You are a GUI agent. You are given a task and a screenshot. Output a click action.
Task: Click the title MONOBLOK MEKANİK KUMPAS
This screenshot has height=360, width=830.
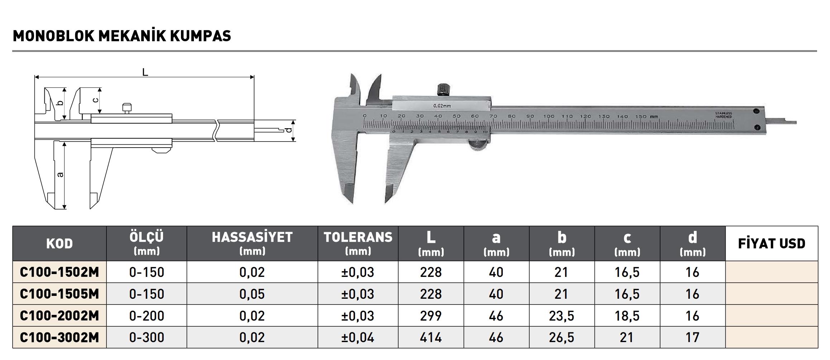tap(122, 36)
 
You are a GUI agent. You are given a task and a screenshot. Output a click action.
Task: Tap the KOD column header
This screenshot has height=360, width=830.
tap(59, 244)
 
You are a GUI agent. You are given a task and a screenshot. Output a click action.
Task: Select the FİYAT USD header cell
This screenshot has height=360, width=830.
tap(772, 244)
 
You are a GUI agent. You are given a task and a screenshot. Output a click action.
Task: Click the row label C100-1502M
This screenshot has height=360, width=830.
tap(59, 272)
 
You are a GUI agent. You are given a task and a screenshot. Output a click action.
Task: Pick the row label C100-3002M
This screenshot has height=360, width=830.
tap(59, 337)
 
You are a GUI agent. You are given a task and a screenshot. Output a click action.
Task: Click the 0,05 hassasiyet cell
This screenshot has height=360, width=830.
tap(252, 294)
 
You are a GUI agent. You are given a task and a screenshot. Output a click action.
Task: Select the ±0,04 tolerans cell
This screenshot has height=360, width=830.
tap(358, 337)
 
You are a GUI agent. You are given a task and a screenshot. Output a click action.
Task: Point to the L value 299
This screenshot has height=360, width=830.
tap(431, 316)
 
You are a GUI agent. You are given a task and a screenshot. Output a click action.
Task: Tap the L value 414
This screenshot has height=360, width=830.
tap(431, 337)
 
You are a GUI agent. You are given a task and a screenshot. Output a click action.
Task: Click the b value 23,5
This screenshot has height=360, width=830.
tap(562, 316)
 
